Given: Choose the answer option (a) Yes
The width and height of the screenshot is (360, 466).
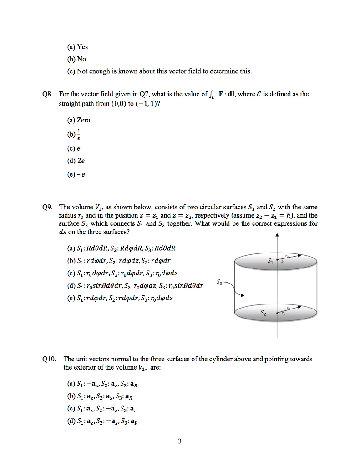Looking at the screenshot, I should coord(77,47).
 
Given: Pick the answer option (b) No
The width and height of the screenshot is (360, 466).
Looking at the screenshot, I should coord(76,59).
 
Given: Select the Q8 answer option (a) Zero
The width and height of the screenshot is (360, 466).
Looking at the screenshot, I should coord(79,120).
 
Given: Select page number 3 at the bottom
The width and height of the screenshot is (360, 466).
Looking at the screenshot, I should coord(180,441).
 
